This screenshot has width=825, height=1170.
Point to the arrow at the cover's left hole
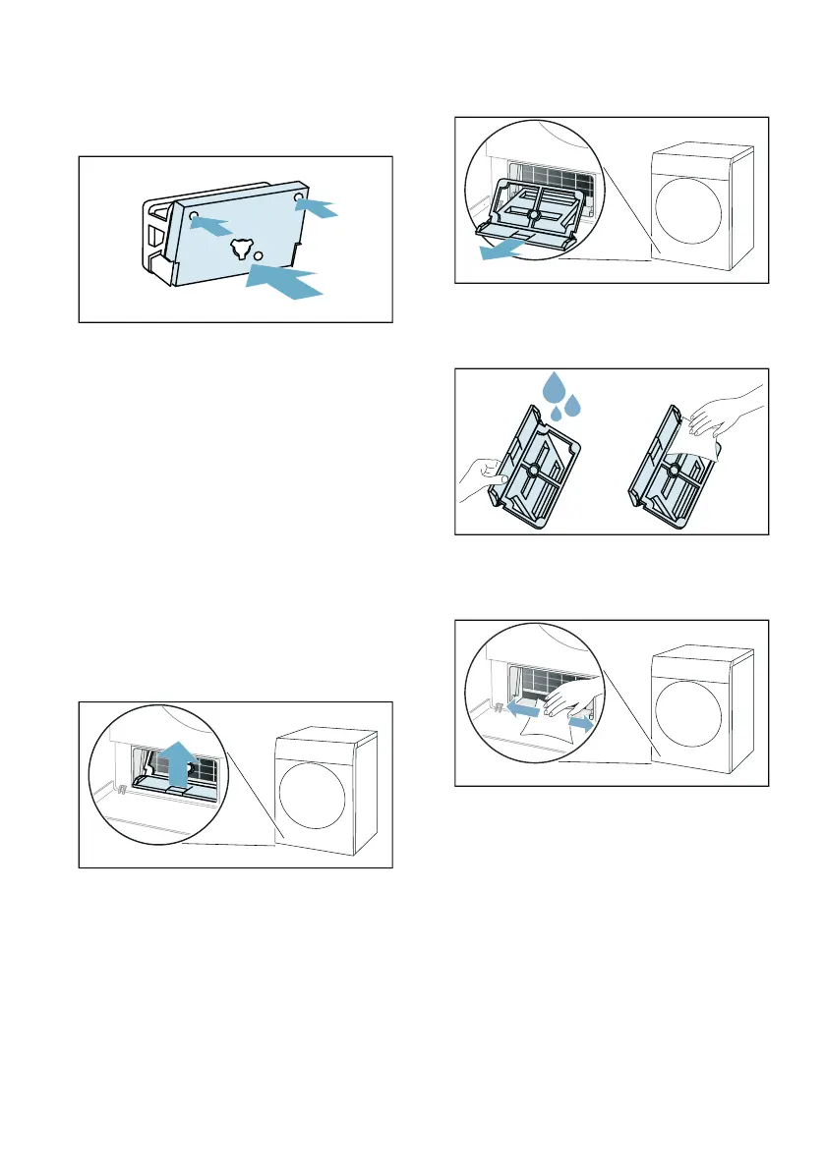[212, 224]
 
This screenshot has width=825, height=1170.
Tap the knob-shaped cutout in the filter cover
[240, 250]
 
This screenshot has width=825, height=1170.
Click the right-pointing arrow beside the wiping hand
[582, 724]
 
